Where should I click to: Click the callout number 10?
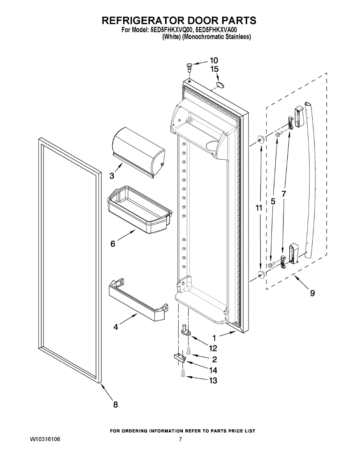(214, 60)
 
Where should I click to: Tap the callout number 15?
(214, 69)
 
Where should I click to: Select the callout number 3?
(112, 176)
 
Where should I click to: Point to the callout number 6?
(113, 244)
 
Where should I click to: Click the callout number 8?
(115, 405)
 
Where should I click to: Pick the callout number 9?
(313, 294)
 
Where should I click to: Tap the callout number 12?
(213, 348)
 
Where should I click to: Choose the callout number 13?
(213, 381)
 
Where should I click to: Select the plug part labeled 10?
(189, 67)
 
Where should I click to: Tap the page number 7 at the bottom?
(180, 440)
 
